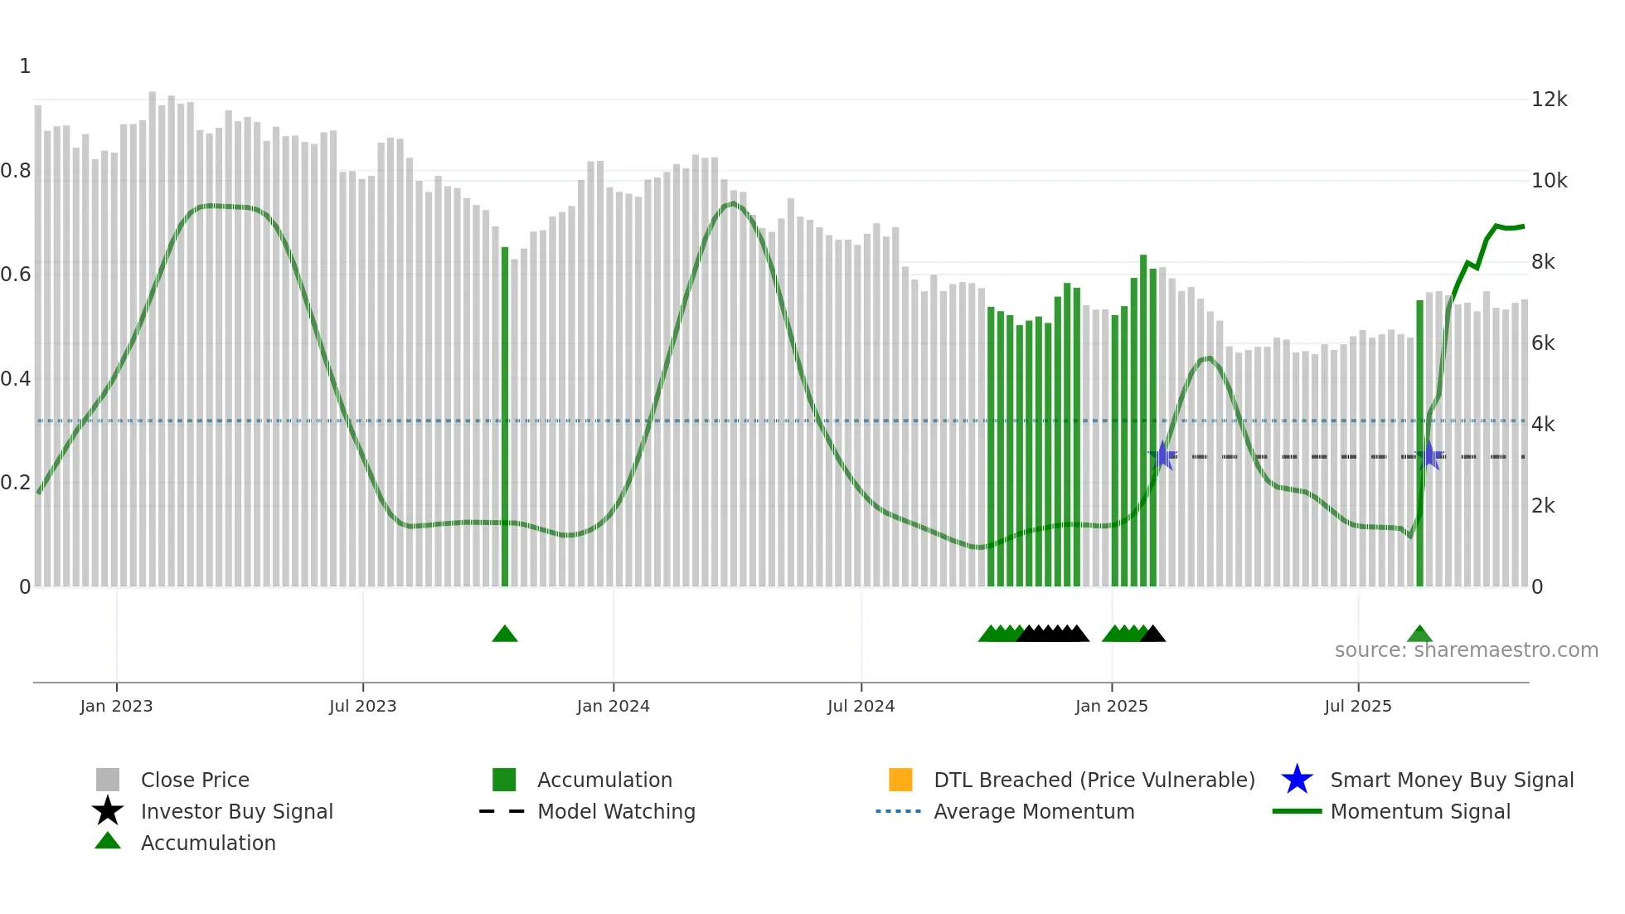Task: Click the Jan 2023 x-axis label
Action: click(116, 706)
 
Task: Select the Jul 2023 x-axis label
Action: click(362, 706)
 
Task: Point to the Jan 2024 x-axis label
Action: click(613, 706)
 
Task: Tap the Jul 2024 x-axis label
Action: click(861, 706)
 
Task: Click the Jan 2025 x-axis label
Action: click(1111, 706)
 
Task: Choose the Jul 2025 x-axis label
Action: click(1357, 706)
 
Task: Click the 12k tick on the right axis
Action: click(1549, 100)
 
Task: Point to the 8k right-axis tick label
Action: click(1543, 262)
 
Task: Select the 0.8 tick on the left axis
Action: click(16, 171)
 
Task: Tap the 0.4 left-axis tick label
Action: click(16, 379)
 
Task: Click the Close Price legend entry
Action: click(194, 780)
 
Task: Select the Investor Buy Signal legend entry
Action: click(236, 811)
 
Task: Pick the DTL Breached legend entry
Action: click(1094, 780)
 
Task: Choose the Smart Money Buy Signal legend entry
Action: click(1451, 780)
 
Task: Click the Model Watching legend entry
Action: click(615, 811)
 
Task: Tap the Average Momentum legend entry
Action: click(1033, 811)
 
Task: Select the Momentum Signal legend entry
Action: click(1419, 811)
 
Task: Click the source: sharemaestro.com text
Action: click(1466, 650)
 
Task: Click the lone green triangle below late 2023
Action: click(504, 634)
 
